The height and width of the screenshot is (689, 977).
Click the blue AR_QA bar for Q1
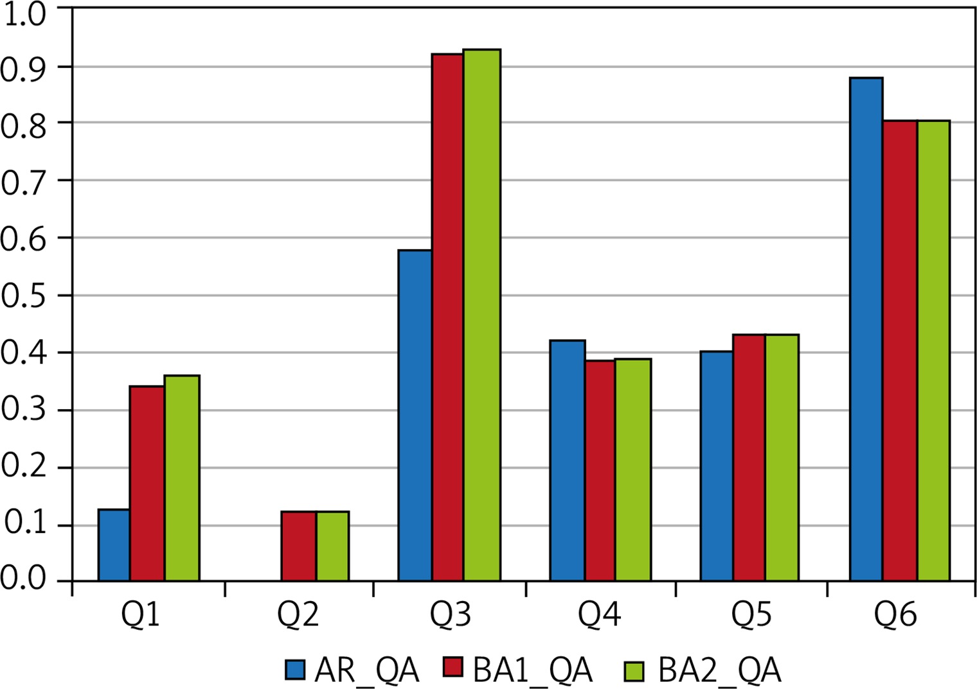(x=114, y=545)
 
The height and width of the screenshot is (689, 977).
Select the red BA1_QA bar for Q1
(x=147, y=484)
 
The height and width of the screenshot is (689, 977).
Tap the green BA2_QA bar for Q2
(x=333, y=546)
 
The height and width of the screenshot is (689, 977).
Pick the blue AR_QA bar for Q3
(x=415, y=415)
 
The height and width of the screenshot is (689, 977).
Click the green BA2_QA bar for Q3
(x=482, y=315)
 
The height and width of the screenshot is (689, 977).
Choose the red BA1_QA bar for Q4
(x=600, y=471)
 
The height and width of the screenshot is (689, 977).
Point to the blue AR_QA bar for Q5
(x=717, y=466)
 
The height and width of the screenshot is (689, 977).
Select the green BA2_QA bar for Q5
(x=782, y=458)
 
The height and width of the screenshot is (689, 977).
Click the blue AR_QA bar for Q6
(x=866, y=329)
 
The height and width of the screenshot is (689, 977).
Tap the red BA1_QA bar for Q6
(x=901, y=351)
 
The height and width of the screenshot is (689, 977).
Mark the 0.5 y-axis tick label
(x=22, y=295)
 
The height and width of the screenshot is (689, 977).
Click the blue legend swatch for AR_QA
(x=295, y=669)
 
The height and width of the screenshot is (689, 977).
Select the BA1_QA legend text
(x=533, y=670)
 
